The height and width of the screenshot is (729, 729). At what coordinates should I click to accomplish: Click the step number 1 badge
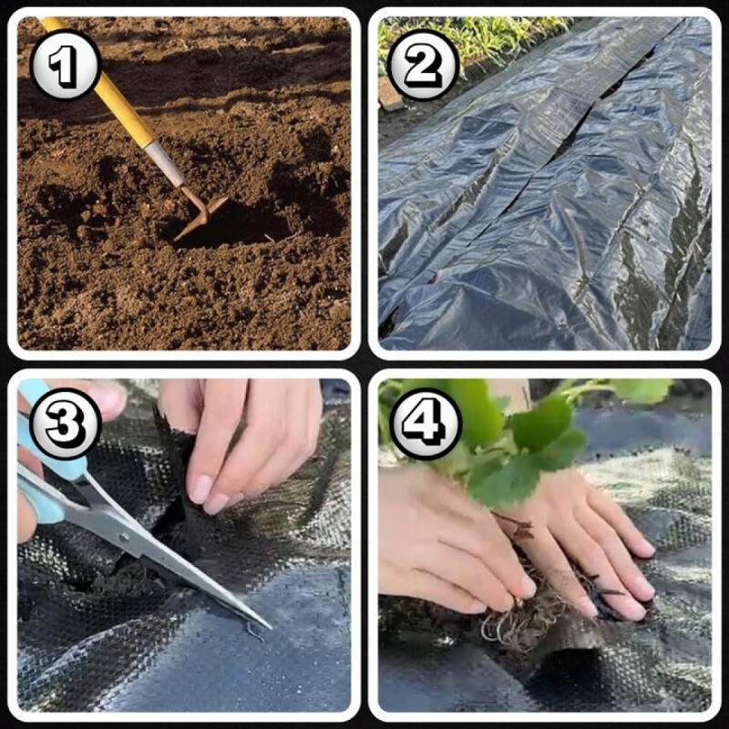65,65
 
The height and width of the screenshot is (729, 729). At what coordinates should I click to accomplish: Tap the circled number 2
423,65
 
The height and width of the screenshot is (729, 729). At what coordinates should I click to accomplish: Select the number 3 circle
65,424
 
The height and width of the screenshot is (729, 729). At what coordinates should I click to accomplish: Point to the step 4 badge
425,424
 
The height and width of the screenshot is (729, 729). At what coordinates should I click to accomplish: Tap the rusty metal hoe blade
200,214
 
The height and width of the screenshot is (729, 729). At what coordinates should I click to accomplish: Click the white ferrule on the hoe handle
164,163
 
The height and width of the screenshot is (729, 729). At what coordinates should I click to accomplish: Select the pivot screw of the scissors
124,539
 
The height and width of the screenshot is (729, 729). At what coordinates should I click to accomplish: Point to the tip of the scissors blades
270,628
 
